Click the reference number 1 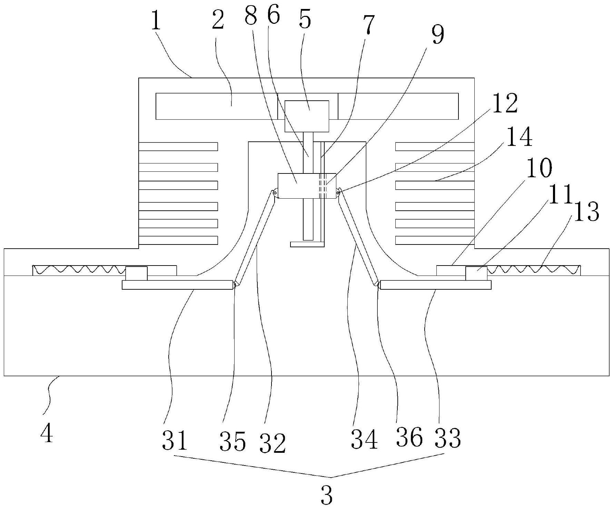coord(156,21)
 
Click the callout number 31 coord(175,440)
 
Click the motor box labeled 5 coord(306,116)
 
